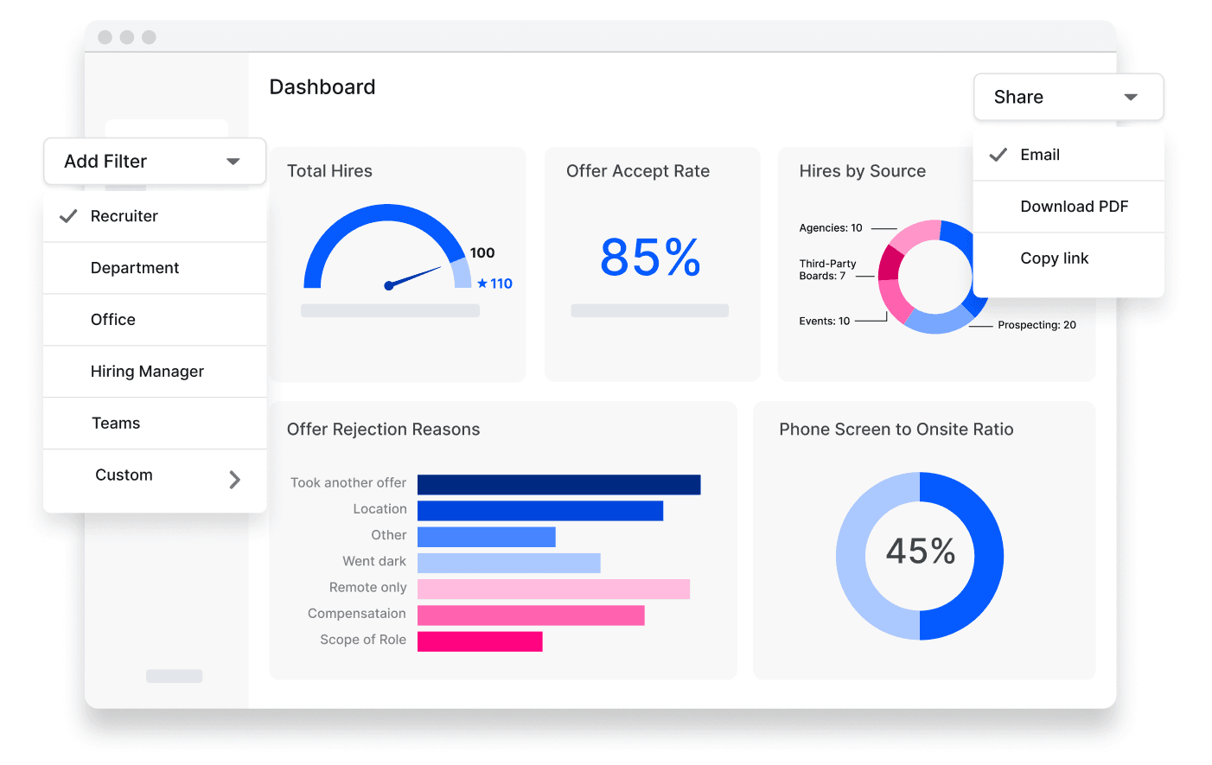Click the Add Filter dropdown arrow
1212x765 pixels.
click(233, 162)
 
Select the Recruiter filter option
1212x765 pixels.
click(124, 216)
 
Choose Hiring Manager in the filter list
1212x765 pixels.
click(147, 372)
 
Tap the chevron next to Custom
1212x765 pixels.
click(234, 480)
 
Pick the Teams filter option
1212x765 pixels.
click(116, 424)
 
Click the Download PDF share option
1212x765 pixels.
click(1074, 207)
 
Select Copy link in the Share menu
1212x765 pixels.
click(1054, 258)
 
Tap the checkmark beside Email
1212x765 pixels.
click(998, 155)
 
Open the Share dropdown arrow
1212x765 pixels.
click(1130, 97)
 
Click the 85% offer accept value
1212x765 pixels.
click(650, 258)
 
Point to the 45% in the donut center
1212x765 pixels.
click(920, 551)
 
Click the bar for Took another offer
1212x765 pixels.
click(558, 485)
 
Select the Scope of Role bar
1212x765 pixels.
click(480, 641)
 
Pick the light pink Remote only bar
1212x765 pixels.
click(553, 590)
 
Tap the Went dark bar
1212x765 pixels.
click(508, 564)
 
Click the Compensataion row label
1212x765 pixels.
click(356, 614)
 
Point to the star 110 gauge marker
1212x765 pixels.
click(494, 284)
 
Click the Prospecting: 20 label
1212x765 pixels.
click(1037, 325)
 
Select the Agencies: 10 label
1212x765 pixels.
click(830, 228)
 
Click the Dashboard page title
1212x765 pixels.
click(322, 87)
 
